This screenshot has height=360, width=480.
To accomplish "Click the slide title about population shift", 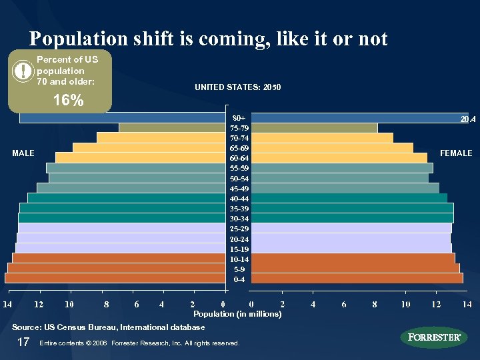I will (208, 39).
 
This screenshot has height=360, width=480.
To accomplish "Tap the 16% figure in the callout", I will (69, 101).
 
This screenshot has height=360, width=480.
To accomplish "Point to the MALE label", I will (23, 153).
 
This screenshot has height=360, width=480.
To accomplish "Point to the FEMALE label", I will (456, 153).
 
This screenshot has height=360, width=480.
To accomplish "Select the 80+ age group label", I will (239, 118).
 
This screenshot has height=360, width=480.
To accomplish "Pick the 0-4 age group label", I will (239, 279).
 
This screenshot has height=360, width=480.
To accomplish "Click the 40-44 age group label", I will (239, 199).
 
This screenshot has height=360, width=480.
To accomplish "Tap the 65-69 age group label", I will (239, 148).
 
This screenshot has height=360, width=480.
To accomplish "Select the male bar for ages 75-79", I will (171, 128).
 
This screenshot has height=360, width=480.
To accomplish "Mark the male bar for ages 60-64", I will (139, 158).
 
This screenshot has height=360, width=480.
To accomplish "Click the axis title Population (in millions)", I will (237, 313).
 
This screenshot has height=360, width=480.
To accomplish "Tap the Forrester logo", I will (433, 337).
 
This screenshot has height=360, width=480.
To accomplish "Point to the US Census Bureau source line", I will (109, 327).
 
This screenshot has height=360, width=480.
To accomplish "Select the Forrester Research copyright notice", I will (139, 343).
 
